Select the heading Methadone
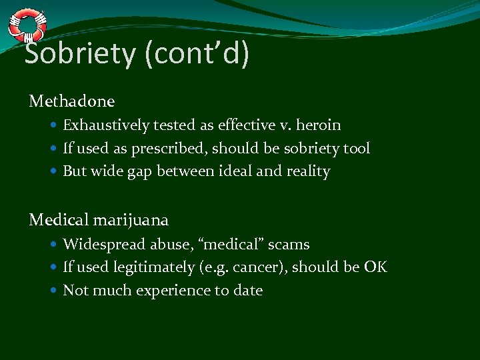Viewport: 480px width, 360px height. click(x=72, y=101)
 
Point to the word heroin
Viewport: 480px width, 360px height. click(x=319, y=125)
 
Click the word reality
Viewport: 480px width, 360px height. click(x=308, y=171)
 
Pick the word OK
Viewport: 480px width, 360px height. click(x=375, y=267)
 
